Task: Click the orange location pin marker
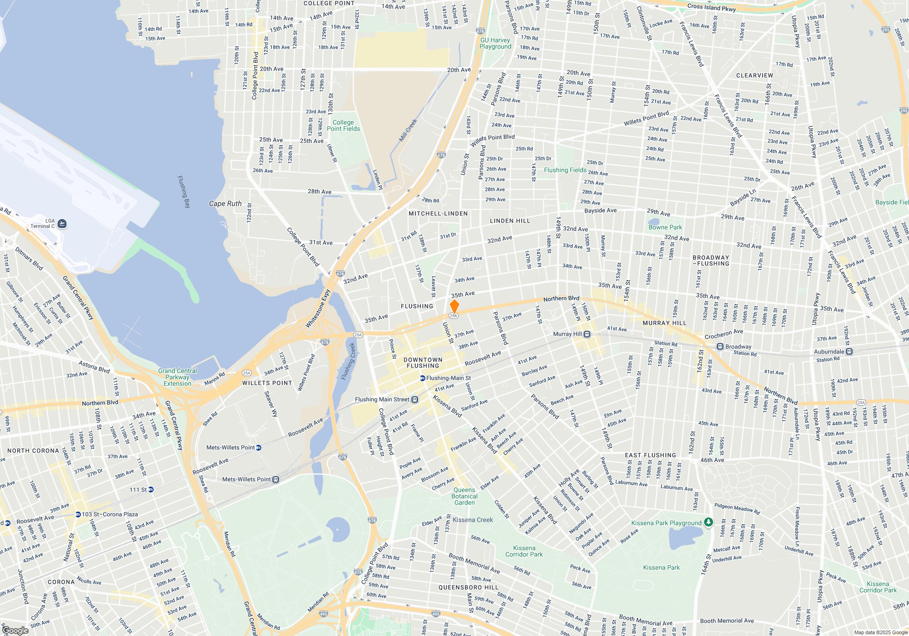(454, 306)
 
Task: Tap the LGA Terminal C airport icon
(62, 224)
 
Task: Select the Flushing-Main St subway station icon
(422, 378)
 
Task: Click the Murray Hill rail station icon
(587, 334)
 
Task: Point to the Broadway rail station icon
(720, 347)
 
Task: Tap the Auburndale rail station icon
(849, 352)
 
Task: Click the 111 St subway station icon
(151, 490)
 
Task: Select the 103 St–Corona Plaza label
(110, 515)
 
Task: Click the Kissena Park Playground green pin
(708, 522)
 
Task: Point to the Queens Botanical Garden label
(464, 496)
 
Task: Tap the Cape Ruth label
(225, 204)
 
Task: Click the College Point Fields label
(343, 125)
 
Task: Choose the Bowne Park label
(665, 227)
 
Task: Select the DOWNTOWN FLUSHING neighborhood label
(423, 363)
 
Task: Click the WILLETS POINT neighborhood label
(267, 383)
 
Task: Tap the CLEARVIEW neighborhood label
(754, 75)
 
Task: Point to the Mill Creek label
(408, 130)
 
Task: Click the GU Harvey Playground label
(495, 43)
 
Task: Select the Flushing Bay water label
(183, 192)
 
